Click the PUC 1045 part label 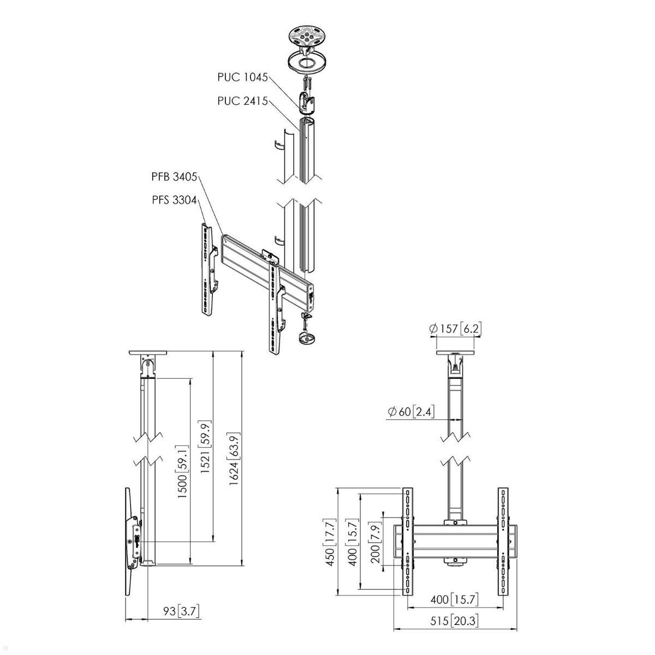[x=242, y=77]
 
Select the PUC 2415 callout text [x=242, y=101]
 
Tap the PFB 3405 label [x=174, y=177]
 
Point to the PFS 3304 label [x=174, y=200]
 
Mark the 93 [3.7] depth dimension [x=181, y=611]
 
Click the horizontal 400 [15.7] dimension [x=454, y=600]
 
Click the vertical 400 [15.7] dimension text [x=353, y=542]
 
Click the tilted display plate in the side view [x=128, y=541]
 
